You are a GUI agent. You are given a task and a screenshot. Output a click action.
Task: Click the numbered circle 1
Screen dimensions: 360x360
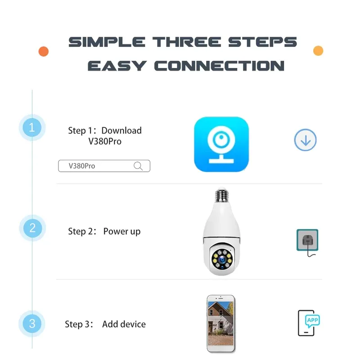(x=32, y=128)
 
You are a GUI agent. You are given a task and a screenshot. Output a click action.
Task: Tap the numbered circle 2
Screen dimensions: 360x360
(x=32, y=228)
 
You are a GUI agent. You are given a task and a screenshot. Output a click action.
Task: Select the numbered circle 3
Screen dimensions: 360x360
(x=32, y=324)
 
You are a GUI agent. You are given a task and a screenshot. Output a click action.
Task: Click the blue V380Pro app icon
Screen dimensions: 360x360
(x=221, y=144)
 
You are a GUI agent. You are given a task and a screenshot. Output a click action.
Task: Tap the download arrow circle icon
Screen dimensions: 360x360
(x=306, y=140)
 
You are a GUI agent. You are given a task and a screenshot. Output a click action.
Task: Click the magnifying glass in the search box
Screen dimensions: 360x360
(x=139, y=166)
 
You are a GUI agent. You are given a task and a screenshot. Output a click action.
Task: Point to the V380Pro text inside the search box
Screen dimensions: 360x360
(x=82, y=166)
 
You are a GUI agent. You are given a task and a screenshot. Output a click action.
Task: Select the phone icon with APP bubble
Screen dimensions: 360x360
(x=309, y=323)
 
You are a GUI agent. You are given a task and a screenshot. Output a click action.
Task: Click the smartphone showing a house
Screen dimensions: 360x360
(x=220, y=323)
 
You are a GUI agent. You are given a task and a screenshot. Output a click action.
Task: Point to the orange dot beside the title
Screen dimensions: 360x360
(x=44, y=51)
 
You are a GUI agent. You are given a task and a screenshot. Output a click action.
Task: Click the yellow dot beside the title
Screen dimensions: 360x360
(x=318, y=50)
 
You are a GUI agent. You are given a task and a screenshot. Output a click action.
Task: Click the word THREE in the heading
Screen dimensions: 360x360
(x=186, y=42)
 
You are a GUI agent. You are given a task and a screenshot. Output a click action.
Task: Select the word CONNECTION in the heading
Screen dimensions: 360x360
(x=219, y=66)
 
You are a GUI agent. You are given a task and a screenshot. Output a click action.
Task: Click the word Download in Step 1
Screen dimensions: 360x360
(x=121, y=130)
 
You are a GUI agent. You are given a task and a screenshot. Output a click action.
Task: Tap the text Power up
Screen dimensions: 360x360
(x=122, y=232)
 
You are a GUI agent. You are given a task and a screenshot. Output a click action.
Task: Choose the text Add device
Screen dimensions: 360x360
(x=124, y=324)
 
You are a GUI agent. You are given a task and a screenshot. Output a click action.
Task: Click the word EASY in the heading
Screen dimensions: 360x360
(x=117, y=66)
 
